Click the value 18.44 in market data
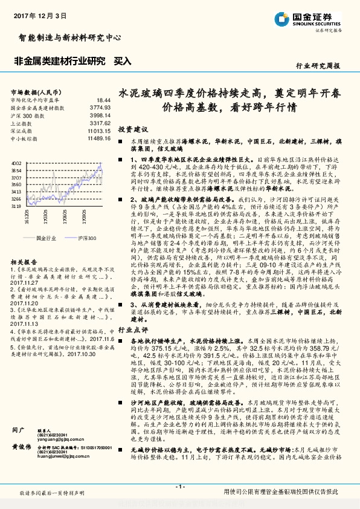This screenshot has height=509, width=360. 103,100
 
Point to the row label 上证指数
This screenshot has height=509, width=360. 23,123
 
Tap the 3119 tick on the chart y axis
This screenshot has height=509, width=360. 16,206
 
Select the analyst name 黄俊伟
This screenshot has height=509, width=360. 22,446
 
